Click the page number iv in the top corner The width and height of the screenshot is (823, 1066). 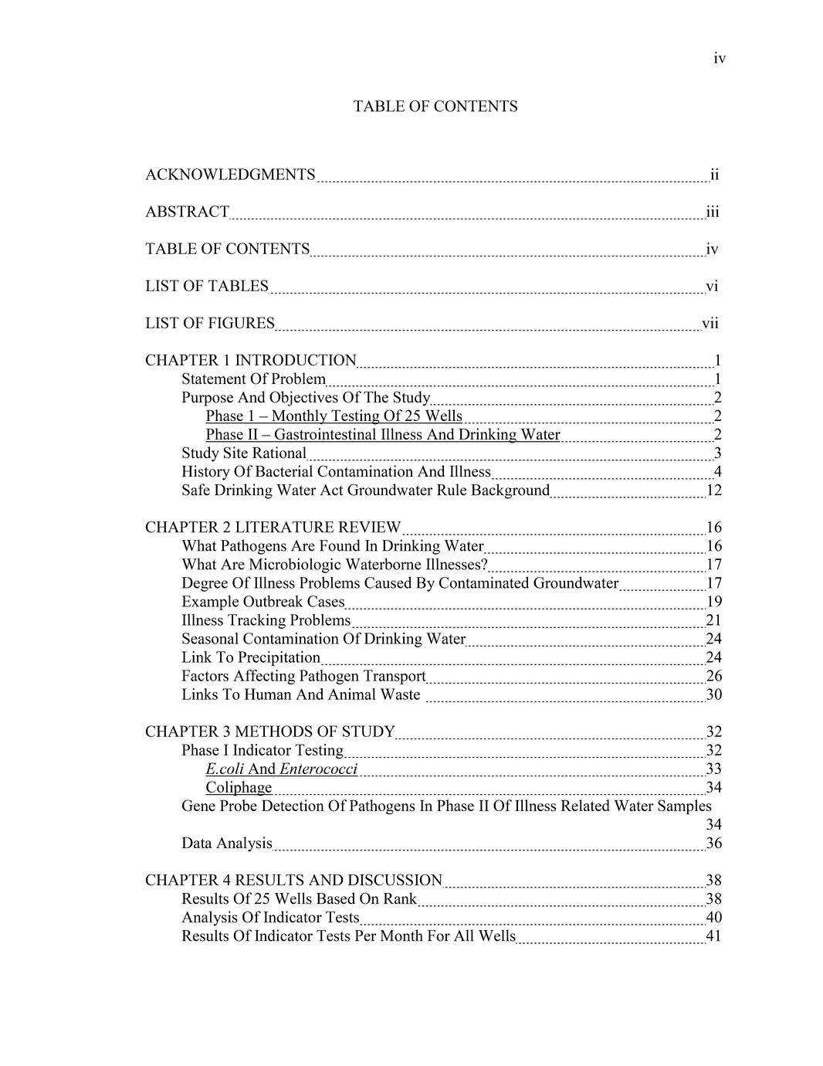click(719, 59)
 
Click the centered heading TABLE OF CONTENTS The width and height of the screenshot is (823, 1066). click(435, 107)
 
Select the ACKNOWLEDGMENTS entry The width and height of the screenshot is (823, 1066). click(230, 175)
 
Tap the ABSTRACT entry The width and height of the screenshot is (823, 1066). click(187, 212)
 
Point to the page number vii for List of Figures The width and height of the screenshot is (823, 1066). click(710, 323)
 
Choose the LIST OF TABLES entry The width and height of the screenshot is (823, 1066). click(207, 286)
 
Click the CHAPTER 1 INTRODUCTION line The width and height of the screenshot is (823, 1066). click(250, 360)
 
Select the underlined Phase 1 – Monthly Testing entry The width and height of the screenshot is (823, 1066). click(334, 416)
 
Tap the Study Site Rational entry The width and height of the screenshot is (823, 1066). click(244, 453)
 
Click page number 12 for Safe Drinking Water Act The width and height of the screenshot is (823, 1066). click(713, 491)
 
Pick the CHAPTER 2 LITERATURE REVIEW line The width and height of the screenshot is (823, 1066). click(273, 527)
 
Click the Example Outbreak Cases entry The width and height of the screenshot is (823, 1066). click(262, 602)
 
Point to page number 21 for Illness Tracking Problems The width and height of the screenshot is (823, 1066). click(713, 620)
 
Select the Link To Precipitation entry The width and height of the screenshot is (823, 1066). click(250, 657)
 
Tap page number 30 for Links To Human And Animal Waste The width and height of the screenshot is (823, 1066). click(713, 694)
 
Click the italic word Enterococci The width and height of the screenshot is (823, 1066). click(318, 769)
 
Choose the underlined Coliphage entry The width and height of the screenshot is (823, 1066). click(239, 787)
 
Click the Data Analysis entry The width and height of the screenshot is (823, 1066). click(226, 843)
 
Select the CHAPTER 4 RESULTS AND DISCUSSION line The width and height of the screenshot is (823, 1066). click(293, 880)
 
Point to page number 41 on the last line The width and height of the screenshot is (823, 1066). click(713, 936)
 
